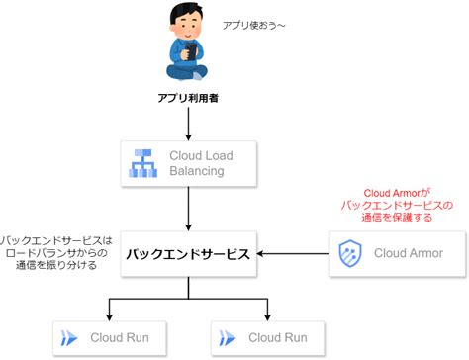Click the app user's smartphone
coord(188,46)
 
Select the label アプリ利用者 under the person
coord(188,99)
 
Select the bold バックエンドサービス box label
coord(187,255)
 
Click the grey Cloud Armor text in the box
coord(409,254)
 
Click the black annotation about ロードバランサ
coord(56,253)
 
